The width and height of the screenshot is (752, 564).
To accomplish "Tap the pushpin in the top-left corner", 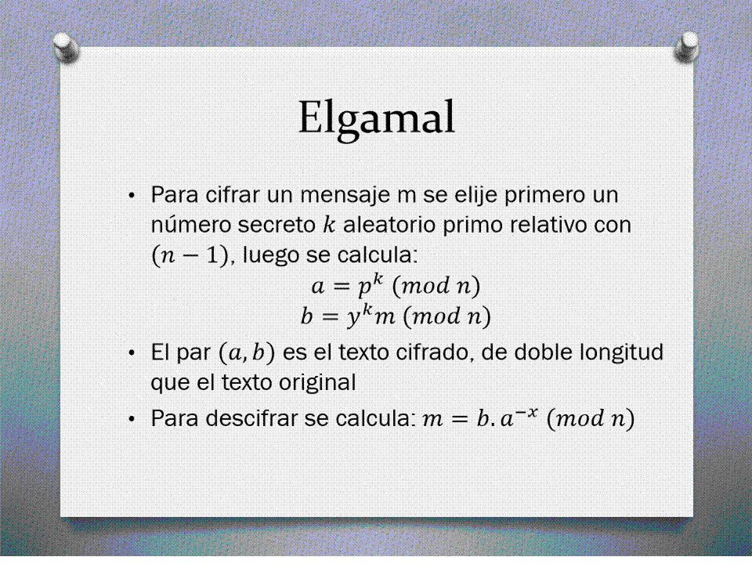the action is click(x=66, y=47).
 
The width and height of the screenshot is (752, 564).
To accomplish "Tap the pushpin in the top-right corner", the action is click(x=686, y=47).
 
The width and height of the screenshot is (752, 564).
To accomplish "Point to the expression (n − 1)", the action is click(x=190, y=255).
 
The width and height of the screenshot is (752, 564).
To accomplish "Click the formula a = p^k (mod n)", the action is click(x=396, y=286).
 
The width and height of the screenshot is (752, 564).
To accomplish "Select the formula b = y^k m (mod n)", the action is click(x=396, y=316).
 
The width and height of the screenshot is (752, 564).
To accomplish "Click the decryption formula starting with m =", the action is click(x=528, y=418).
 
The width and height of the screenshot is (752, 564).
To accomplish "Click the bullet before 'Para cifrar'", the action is click(x=132, y=196).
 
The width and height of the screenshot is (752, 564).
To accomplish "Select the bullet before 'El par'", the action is click(x=132, y=353).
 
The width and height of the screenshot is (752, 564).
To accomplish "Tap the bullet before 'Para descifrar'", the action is click(x=132, y=419).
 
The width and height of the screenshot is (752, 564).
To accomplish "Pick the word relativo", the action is click(x=548, y=225).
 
